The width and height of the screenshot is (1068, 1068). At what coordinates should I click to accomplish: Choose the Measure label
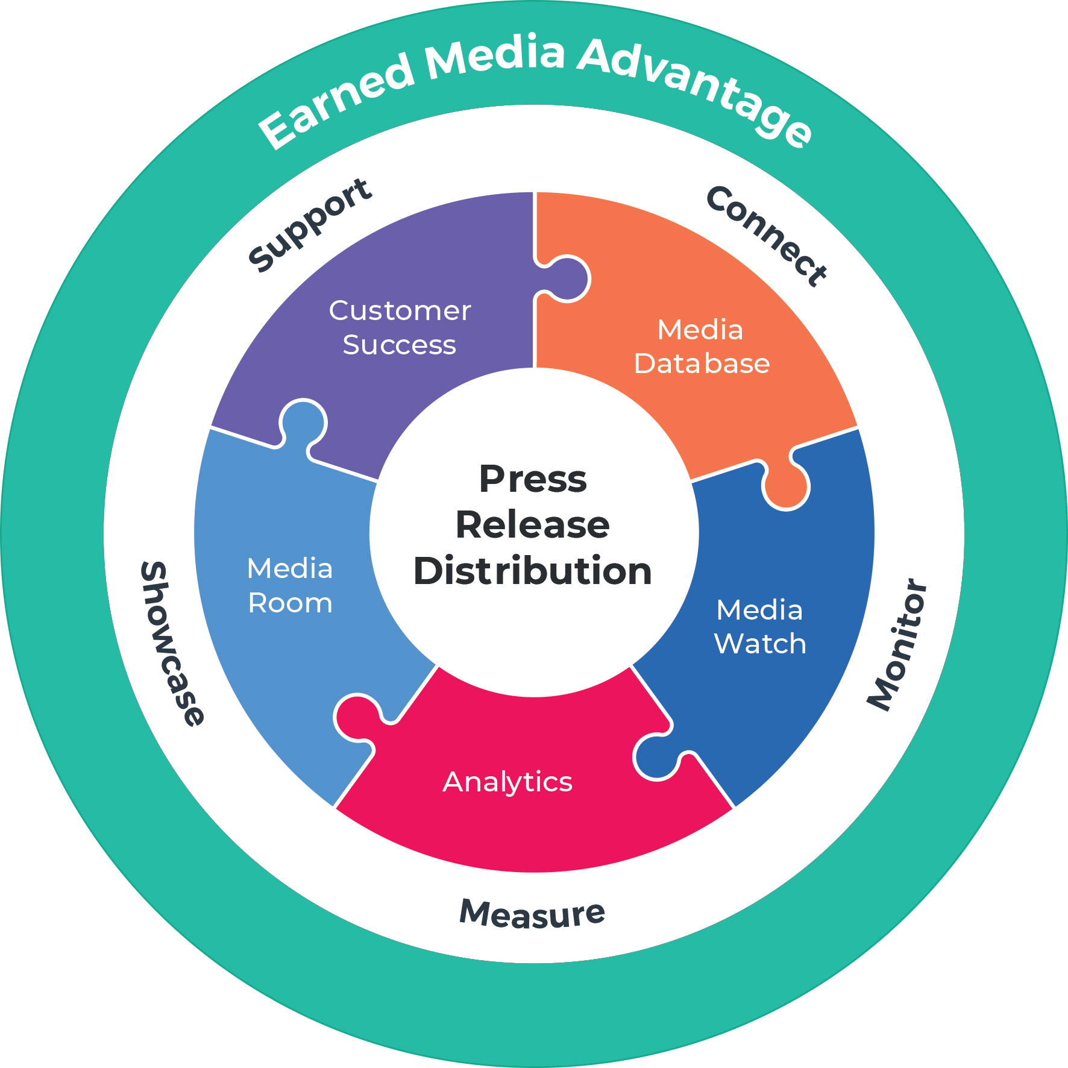click(x=532, y=914)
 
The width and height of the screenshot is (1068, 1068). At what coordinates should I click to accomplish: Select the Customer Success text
click(x=400, y=328)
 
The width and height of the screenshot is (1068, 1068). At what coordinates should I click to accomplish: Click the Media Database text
click(x=702, y=347)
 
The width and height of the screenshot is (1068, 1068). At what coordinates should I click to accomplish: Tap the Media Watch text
click(x=760, y=627)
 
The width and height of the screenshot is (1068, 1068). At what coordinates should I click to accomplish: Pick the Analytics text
click(x=507, y=782)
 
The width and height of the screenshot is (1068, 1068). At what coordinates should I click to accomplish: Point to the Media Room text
click(x=290, y=586)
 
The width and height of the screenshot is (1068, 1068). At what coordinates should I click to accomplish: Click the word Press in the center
click(x=533, y=480)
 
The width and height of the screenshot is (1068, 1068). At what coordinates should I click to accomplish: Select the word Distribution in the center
click(x=533, y=571)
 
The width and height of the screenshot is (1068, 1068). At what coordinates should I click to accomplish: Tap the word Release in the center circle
click(x=533, y=525)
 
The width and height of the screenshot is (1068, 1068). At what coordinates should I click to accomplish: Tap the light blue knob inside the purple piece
click(x=303, y=421)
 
